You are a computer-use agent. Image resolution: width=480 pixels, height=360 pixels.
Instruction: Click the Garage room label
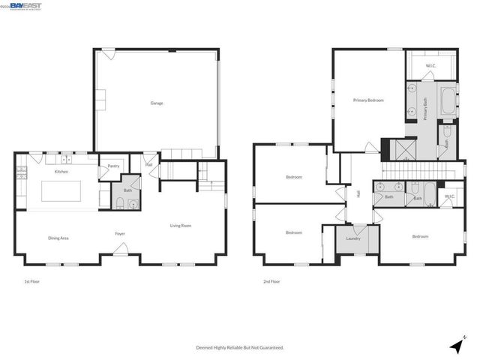point(157,103)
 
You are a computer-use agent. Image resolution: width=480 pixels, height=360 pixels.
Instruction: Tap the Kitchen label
point(61,172)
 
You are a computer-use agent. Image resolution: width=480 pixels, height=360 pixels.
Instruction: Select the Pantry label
point(113,166)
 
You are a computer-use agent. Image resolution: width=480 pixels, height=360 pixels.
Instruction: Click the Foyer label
point(120,234)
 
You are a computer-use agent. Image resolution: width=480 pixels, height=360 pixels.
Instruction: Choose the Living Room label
point(181,226)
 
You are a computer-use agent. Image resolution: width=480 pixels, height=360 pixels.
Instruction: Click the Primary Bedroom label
point(369,99)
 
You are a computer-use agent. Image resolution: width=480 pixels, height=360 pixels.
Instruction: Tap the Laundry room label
point(353,239)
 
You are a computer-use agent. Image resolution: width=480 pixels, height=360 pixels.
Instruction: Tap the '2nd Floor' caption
point(271,282)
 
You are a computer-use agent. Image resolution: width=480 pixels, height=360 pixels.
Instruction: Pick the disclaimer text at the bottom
point(240,348)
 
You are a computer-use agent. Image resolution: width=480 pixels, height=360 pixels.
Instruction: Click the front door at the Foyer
point(120,257)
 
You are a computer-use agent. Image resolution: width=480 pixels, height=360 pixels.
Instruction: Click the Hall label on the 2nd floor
point(358,193)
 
